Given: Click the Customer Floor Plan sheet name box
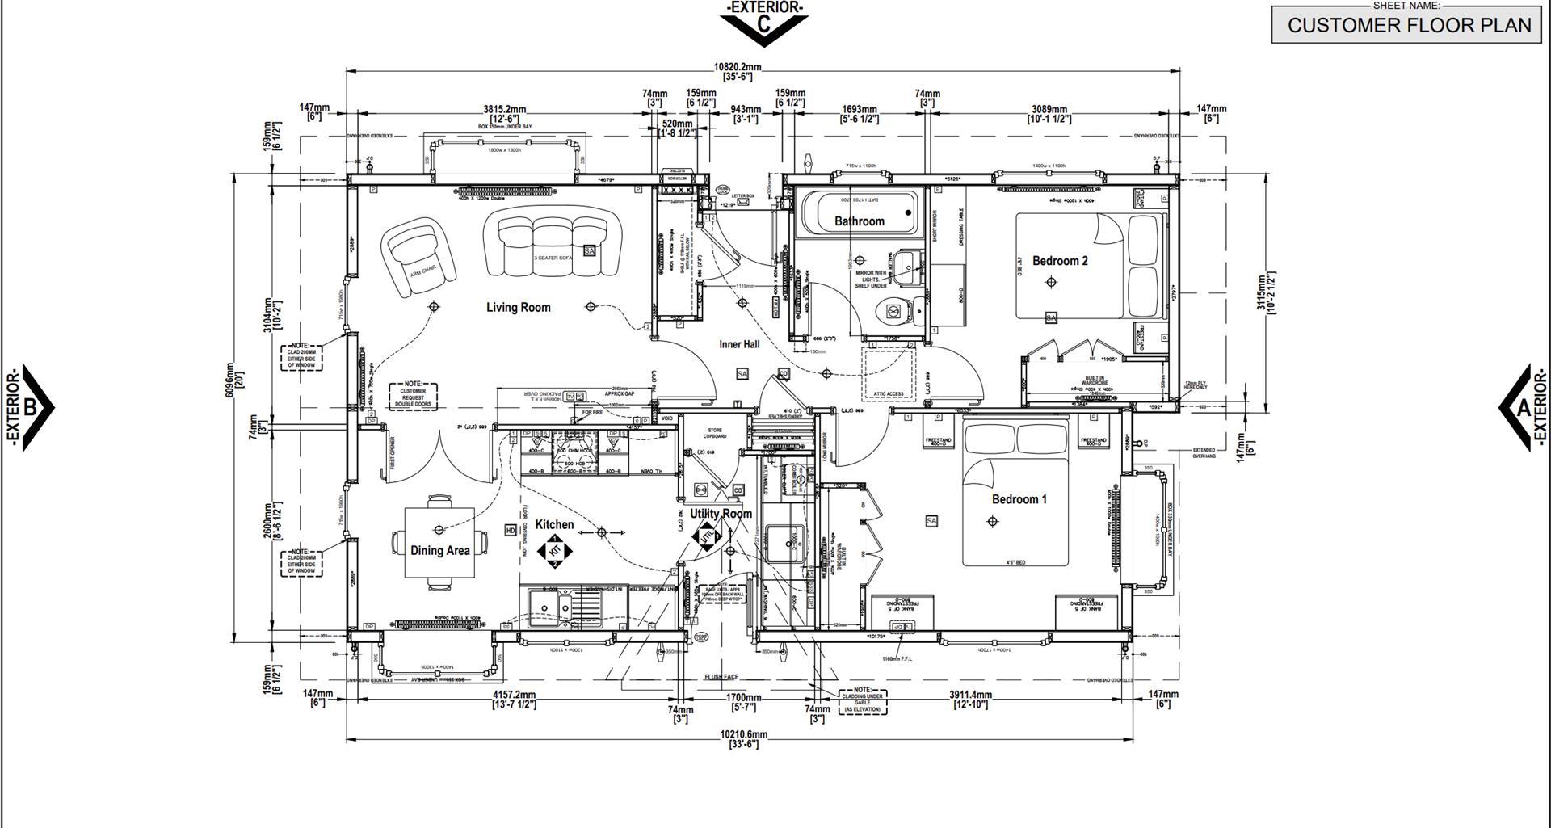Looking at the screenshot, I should (x=1409, y=25).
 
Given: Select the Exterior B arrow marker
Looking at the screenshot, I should (x=31, y=407).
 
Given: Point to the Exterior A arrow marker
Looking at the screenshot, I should (x=1522, y=407).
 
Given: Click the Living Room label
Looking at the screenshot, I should (x=518, y=307).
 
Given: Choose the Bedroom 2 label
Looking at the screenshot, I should (x=1060, y=261).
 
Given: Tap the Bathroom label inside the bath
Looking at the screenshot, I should (x=859, y=221).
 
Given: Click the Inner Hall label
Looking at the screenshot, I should (x=739, y=344).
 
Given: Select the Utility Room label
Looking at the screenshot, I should (x=721, y=514).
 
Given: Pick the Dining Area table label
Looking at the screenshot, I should (x=439, y=551).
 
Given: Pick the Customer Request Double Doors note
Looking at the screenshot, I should (x=413, y=394).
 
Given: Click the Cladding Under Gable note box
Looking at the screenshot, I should (x=862, y=700).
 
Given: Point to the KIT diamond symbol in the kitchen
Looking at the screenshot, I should (x=554, y=550).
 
